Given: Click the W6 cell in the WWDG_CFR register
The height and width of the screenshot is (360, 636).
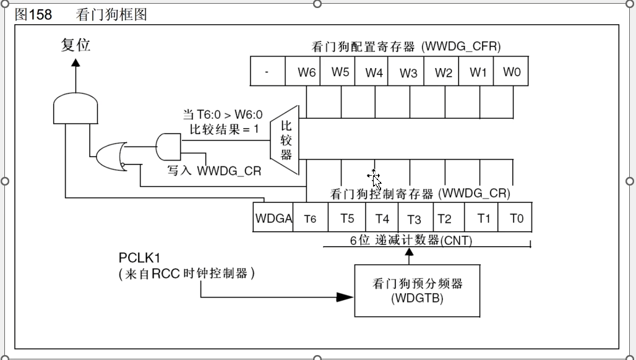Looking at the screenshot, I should click(306, 72).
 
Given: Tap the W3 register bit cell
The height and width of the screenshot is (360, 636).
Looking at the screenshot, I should click(408, 72).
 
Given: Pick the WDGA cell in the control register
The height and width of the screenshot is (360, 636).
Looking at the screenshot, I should click(273, 218).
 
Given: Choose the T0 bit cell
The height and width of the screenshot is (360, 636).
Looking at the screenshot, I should click(516, 218).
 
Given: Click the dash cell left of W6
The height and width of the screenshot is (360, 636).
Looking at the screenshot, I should click(267, 72).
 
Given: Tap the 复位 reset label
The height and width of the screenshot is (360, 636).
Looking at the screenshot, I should click(75, 45).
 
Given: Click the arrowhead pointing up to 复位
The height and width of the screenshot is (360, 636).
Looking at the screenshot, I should click(75, 62).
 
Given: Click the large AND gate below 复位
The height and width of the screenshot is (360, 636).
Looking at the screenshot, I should click(75, 109).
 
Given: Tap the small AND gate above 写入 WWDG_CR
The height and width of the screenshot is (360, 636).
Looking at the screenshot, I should click(169, 147).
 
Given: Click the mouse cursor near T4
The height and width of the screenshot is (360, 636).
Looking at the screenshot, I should click(375, 179).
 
